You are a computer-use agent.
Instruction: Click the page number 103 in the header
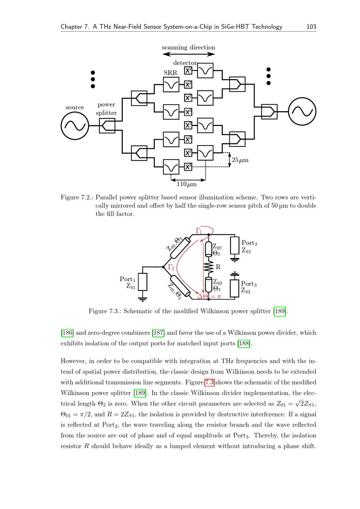pos(311,27)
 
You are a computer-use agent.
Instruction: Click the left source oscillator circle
pos(75,126)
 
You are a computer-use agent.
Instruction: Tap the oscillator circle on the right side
pos(302,112)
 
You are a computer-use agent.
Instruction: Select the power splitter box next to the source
pos(107,126)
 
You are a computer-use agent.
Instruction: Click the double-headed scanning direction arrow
pos(189,54)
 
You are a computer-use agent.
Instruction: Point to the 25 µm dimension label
pos(240,160)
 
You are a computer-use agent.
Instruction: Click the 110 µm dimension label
pos(186,184)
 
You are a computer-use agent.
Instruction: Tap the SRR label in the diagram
pos(170,73)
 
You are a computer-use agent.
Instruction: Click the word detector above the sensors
pos(185,63)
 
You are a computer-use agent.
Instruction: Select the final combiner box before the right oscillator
pos(269,112)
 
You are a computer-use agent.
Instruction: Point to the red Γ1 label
pos(199,230)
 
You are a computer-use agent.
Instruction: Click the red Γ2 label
pos(171,267)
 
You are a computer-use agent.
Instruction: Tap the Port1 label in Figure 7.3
pos(127,279)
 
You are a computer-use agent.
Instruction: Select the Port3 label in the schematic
pos(249,284)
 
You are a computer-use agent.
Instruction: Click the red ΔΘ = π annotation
pos(209,297)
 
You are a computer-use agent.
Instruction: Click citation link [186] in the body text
pos(67,333)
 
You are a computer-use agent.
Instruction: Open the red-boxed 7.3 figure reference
pos(210,382)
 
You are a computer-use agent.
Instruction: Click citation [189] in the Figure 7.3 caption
pos(280,311)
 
